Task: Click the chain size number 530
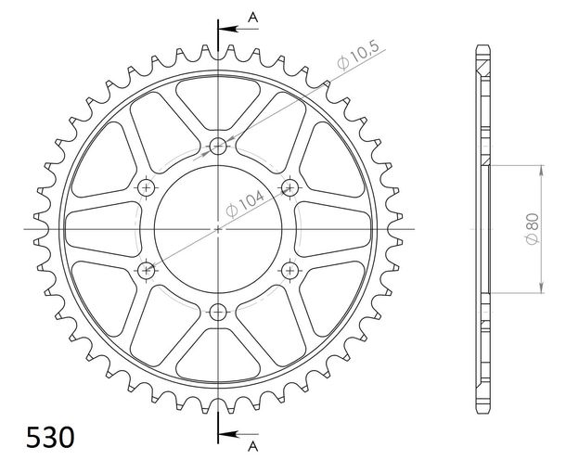[50, 437]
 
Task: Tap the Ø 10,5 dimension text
[358, 56]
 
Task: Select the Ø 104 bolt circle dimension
[245, 203]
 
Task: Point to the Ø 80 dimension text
[533, 229]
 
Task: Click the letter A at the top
[253, 17]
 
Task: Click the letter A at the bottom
[253, 446]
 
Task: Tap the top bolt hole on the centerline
[218, 147]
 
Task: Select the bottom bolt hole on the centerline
[218, 312]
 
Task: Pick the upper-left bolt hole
[147, 187]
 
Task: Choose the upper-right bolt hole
[289, 187]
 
